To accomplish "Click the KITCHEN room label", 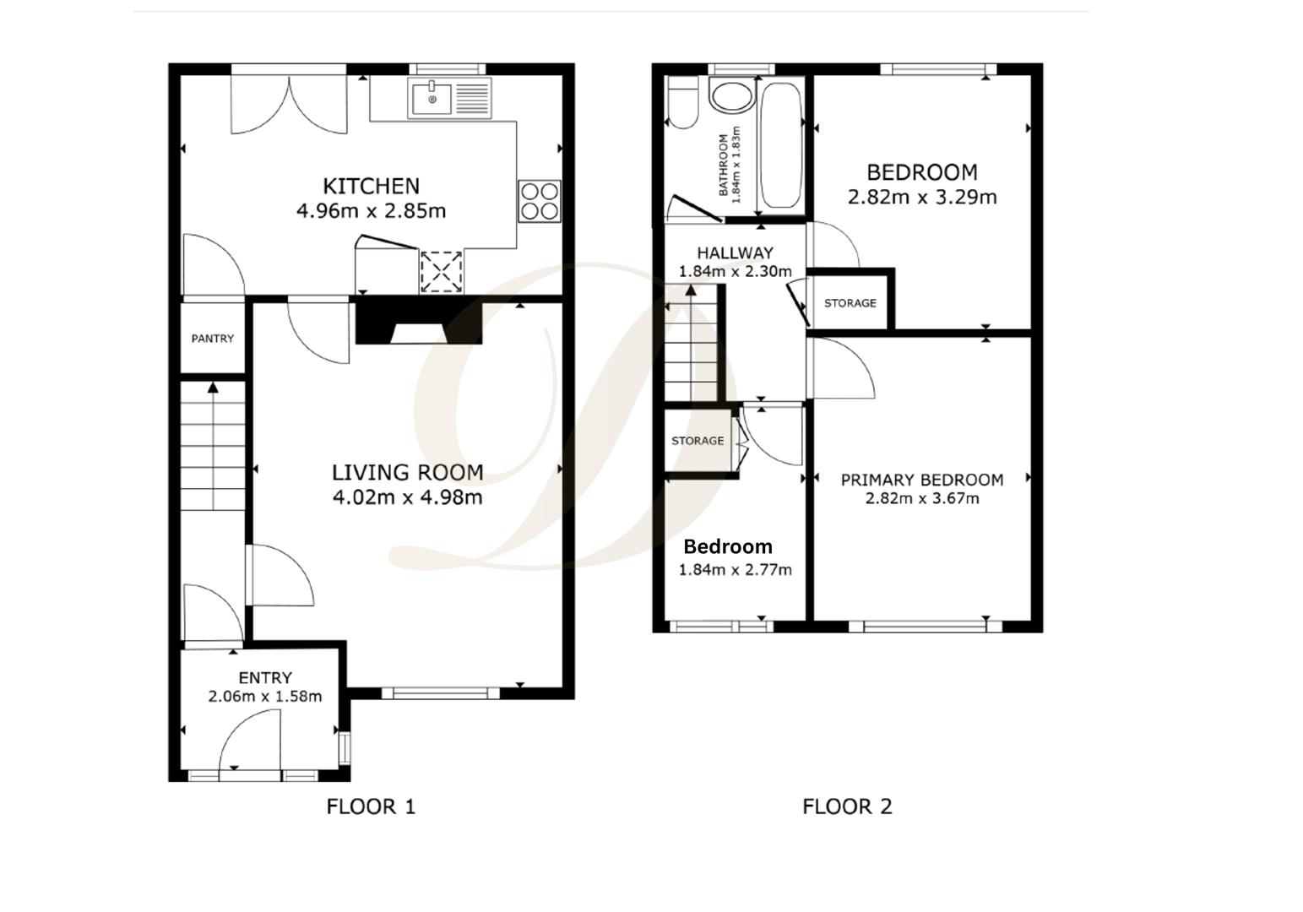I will pyautogui.click(x=371, y=186).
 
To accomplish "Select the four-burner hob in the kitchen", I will pyautogui.click(x=540, y=202).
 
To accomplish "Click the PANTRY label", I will pyautogui.click(x=213, y=339).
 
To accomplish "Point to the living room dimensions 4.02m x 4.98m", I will pyautogui.click(x=407, y=497).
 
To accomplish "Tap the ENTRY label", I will pyautogui.click(x=265, y=678).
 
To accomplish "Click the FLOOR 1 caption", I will pyautogui.click(x=371, y=807).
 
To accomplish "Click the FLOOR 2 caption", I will pyautogui.click(x=847, y=807).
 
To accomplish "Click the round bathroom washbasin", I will pyautogui.click(x=731, y=95).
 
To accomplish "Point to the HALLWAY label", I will pyautogui.click(x=735, y=252).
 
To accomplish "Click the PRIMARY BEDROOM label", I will pyautogui.click(x=922, y=480).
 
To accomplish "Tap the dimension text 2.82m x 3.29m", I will pyautogui.click(x=922, y=198).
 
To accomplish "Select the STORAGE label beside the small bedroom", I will pyautogui.click(x=698, y=441).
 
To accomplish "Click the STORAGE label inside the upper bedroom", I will pyautogui.click(x=850, y=303).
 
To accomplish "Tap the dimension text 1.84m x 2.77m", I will pyautogui.click(x=736, y=570).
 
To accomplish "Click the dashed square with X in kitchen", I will pyautogui.click(x=441, y=271).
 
